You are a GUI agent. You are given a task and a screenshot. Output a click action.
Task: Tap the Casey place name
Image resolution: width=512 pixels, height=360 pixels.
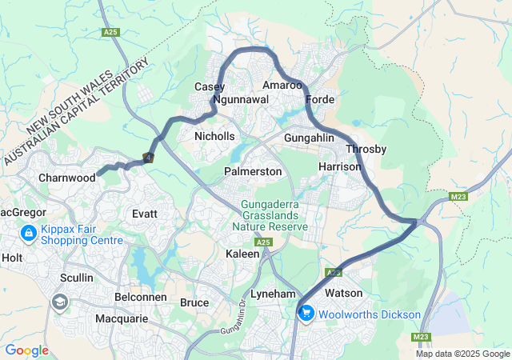coord(210,86)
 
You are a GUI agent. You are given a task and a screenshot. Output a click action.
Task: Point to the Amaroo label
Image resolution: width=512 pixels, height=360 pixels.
coord(282,85)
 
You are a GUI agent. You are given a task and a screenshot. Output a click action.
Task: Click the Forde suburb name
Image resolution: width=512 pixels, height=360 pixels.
coord(320,100)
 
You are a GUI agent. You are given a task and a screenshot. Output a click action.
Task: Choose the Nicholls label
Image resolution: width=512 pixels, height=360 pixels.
coord(214,136)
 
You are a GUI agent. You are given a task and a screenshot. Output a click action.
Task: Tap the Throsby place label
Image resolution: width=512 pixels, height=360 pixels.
coord(366,150)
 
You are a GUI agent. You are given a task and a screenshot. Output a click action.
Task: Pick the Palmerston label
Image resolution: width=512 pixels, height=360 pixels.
coord(253,172)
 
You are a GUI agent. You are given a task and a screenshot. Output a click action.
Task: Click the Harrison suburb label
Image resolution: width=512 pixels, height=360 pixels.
coord(340,166)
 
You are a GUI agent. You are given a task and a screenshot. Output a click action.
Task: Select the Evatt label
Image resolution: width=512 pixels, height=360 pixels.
coord(145,214)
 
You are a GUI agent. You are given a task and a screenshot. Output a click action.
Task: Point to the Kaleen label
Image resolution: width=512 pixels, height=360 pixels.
coord(242,254)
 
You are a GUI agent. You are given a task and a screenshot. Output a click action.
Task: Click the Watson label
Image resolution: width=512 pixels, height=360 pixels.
coord(343,294)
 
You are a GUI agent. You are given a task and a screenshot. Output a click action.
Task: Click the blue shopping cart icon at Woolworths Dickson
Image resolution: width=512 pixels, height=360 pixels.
coord(306,314)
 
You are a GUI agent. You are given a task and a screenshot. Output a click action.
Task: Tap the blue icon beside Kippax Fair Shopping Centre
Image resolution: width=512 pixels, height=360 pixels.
coord(28,234)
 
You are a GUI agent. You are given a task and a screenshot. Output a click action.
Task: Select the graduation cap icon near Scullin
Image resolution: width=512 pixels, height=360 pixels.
coord(59,302)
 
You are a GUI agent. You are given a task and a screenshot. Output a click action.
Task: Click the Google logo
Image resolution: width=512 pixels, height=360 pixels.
coord(26,350)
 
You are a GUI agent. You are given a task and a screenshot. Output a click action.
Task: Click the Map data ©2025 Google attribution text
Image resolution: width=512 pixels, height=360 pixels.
coord(462,354)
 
